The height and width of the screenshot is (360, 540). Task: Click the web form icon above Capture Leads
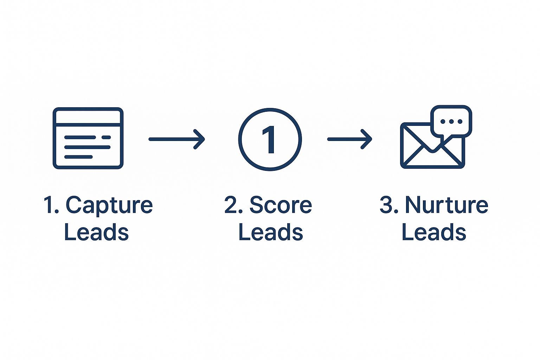pos(88,138)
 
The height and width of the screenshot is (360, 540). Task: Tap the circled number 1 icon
pos(270,139)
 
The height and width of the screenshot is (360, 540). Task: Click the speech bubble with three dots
pos(451,121)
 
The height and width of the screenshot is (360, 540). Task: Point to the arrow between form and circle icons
pos(176,139)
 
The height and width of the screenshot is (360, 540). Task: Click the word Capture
pos(109,205)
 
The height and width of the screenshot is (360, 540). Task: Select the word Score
pos(281,205)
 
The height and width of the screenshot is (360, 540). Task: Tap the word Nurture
pos(446,205)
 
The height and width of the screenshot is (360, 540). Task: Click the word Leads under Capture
pos(96,232)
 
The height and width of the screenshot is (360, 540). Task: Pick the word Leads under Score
pos(270,232)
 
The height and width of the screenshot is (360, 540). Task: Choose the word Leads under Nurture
pos(433,232)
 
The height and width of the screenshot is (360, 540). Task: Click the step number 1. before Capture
pos(51,205)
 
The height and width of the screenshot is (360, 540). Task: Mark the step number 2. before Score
pos(233,205)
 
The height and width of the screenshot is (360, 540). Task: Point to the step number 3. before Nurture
pos(389,205)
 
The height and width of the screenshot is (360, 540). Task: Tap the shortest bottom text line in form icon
pos(78,157)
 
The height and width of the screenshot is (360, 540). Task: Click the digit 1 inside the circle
pos(269,140)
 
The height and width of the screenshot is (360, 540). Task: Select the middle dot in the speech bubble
pos(451,122)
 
